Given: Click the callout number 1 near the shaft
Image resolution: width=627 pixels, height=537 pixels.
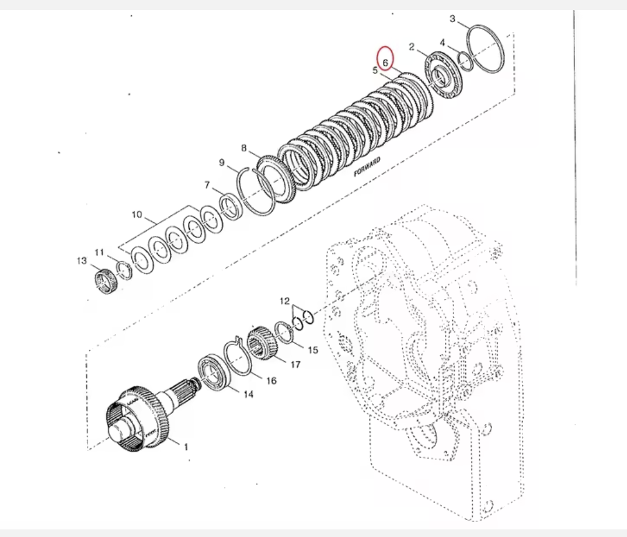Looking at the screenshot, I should point(186,448).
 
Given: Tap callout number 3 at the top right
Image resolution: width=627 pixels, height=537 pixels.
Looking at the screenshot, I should point(452,19).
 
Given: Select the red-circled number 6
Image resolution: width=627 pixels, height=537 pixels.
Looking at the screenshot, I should point(385,61).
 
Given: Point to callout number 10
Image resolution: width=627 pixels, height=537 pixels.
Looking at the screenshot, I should point(137,215).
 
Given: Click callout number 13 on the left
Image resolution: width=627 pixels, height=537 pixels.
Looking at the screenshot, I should point(81,260).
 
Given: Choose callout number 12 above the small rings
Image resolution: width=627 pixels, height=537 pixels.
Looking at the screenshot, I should point(284,301).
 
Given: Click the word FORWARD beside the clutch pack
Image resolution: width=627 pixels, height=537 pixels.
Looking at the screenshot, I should point(367,166).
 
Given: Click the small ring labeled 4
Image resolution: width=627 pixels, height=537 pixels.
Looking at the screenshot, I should point(466,60).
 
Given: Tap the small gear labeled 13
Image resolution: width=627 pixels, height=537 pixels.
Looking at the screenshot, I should point(106,280).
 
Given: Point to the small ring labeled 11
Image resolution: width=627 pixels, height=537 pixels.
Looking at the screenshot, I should point(124,268).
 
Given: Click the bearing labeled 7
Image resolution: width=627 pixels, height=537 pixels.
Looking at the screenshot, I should point(231,206).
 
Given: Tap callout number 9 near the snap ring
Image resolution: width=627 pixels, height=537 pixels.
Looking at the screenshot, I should point(222,163).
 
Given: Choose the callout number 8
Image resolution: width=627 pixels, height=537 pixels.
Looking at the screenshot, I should point(244,148).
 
